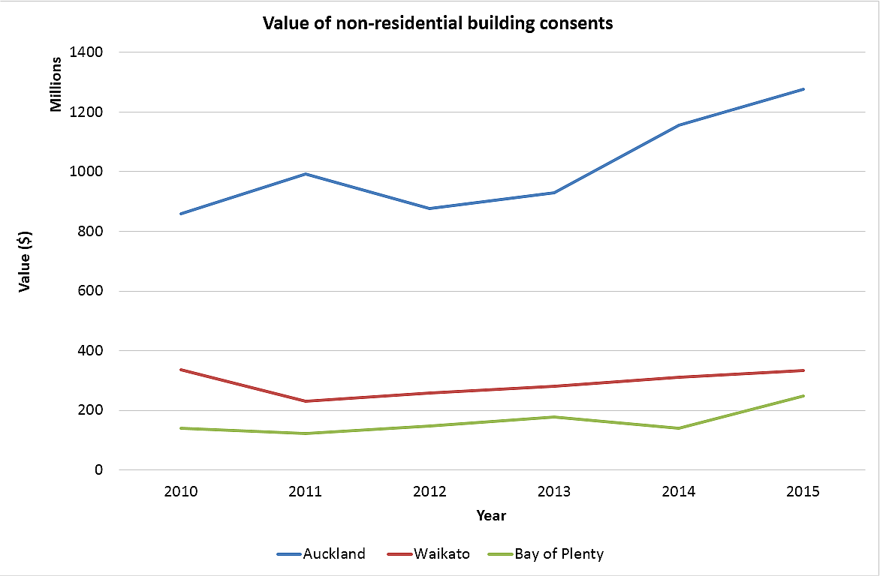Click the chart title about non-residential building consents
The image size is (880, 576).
438,23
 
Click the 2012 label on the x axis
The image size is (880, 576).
430,492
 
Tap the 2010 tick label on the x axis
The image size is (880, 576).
181,492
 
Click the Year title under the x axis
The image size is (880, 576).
491,516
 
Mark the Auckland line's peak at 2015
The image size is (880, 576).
804,89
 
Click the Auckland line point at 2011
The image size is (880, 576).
306,174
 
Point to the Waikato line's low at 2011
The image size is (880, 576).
306,401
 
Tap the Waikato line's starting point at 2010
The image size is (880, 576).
181,370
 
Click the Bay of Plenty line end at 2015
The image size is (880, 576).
804,396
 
